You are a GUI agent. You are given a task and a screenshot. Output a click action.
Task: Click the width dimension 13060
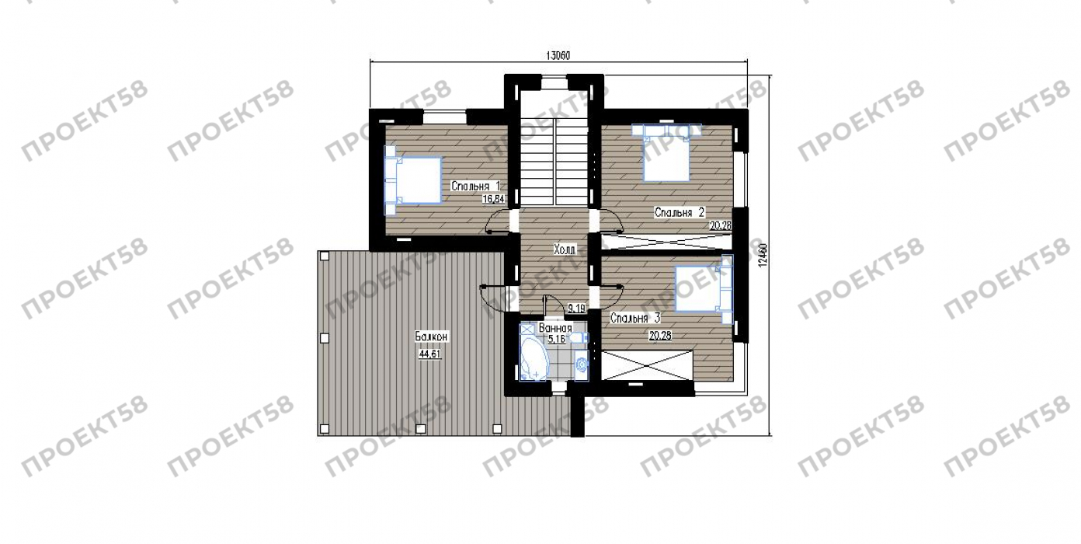[558, 55]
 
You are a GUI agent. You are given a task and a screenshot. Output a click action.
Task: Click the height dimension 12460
[762, 255]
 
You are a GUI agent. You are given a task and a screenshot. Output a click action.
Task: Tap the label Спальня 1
[475, 186]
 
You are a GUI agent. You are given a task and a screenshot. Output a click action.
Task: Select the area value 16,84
[493, 199]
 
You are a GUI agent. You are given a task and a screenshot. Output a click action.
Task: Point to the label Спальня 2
[679, 212]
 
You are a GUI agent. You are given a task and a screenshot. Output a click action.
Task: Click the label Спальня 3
[635, 318]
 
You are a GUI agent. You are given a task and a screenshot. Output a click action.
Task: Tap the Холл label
[564, 249]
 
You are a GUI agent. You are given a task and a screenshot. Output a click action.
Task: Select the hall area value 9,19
[576, 308]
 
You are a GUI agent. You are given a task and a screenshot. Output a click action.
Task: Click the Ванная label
[555, 328]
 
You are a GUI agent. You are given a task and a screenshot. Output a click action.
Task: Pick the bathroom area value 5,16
[557, 339]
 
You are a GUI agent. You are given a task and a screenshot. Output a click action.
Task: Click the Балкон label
[432, 337]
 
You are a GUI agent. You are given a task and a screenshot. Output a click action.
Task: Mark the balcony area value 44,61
[429, 354]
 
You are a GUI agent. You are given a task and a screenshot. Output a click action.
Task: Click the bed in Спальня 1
[412, 180]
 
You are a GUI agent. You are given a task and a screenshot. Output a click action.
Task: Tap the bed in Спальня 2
[666, 152]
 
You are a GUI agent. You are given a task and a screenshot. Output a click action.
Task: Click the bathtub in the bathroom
[534, 358]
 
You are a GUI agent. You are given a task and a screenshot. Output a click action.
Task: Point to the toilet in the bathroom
[582, 364]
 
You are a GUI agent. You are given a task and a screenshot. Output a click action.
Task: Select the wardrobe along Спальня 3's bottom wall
[647, 365]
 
